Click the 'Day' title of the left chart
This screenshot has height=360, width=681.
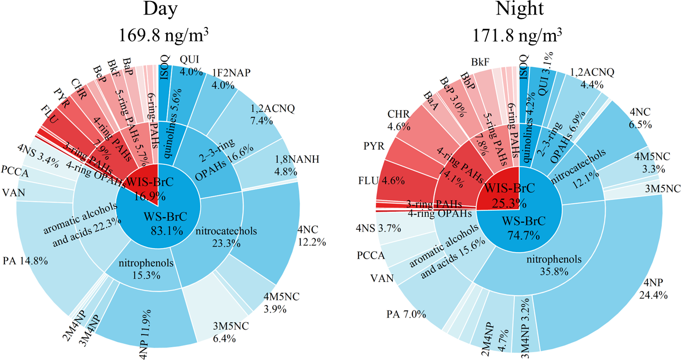click(x=158, y=11)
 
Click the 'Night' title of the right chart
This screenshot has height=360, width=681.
click(x=520, y=11)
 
